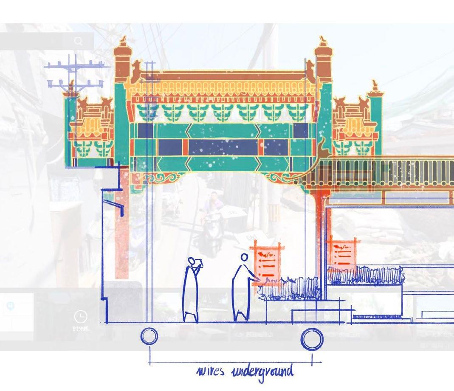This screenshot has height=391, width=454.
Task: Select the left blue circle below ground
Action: [149, 337]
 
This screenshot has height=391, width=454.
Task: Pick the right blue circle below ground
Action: [312, 339]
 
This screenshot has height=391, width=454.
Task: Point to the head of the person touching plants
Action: [244, 257]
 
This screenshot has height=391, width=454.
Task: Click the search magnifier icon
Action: [79, 41]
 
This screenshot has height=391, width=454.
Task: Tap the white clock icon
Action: [80, 316]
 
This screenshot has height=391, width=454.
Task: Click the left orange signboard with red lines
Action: [266, 260]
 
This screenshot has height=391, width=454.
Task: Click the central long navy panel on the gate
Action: [223, 147]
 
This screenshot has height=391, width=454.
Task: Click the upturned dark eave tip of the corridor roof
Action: [322, 143]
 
